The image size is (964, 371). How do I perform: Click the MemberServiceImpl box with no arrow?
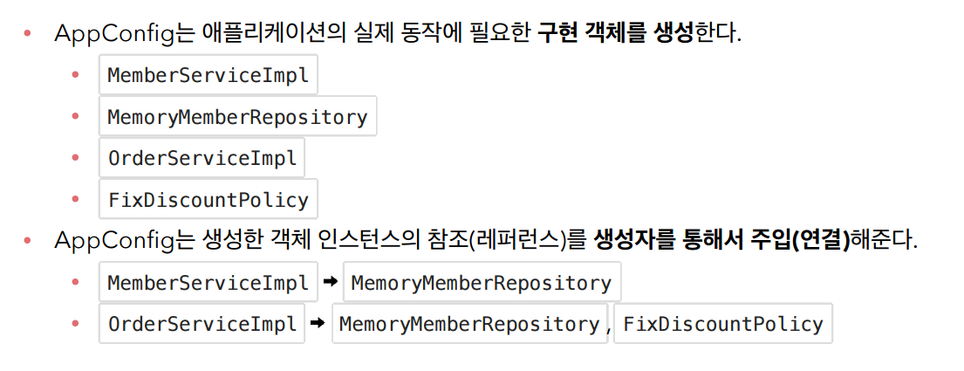pos(208,75)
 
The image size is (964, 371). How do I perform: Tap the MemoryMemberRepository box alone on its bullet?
pos(237,117)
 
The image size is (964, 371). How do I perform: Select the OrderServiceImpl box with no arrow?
pos(202,159)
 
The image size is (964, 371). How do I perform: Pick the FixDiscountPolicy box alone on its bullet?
pos(208,200)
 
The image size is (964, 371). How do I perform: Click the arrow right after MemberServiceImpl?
pos(330,282)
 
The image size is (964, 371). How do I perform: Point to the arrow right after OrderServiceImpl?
pos(318,323)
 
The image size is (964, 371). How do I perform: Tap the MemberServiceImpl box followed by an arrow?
pos(208,283)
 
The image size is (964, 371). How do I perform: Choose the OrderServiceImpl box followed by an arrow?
pos(202,324)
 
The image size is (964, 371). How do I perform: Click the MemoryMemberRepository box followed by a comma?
pos(468,324)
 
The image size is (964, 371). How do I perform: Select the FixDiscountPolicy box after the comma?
pos(723,324)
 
